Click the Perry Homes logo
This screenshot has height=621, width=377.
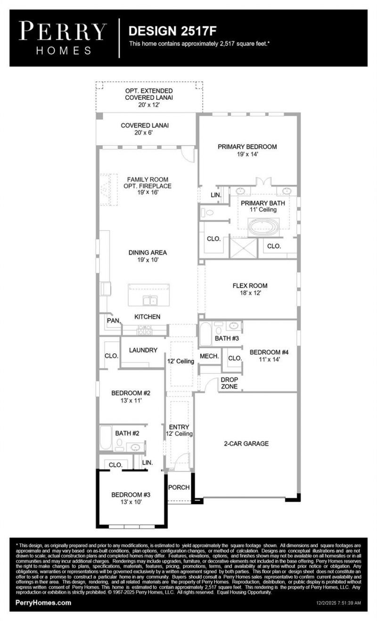coord(63,38)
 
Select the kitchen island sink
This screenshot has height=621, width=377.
coord(149,300)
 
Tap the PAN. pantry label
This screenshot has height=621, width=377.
coord(113,320)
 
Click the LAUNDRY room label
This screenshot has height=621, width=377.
coord(143,350)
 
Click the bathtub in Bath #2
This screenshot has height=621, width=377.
coord(106,438)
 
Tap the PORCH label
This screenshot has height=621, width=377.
coord(179,487)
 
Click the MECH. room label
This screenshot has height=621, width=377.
coord(209,356)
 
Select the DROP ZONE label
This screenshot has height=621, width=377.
coord(229,383)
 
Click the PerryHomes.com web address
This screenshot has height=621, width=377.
coord(43,603)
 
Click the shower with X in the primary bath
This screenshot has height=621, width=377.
coord(243,248)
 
